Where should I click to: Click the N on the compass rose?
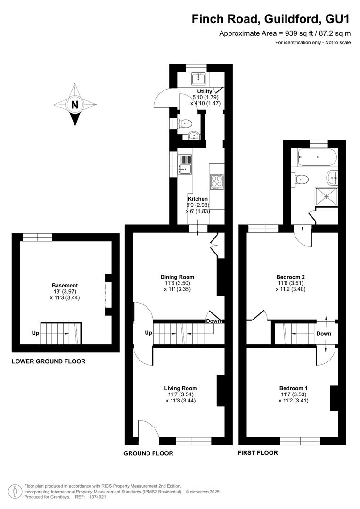75,105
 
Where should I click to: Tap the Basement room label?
65,285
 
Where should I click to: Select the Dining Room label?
177,277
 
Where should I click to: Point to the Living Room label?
180,388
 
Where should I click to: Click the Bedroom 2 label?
291,277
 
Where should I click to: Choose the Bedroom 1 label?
294,388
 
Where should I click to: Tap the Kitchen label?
198,199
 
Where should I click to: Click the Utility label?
205,91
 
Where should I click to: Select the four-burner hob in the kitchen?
217,182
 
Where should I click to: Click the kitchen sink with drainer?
185,164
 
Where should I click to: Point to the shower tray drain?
327,197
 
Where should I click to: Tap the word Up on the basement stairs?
35,333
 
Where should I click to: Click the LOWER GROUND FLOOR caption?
49,361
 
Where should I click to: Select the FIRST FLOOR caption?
258,452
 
